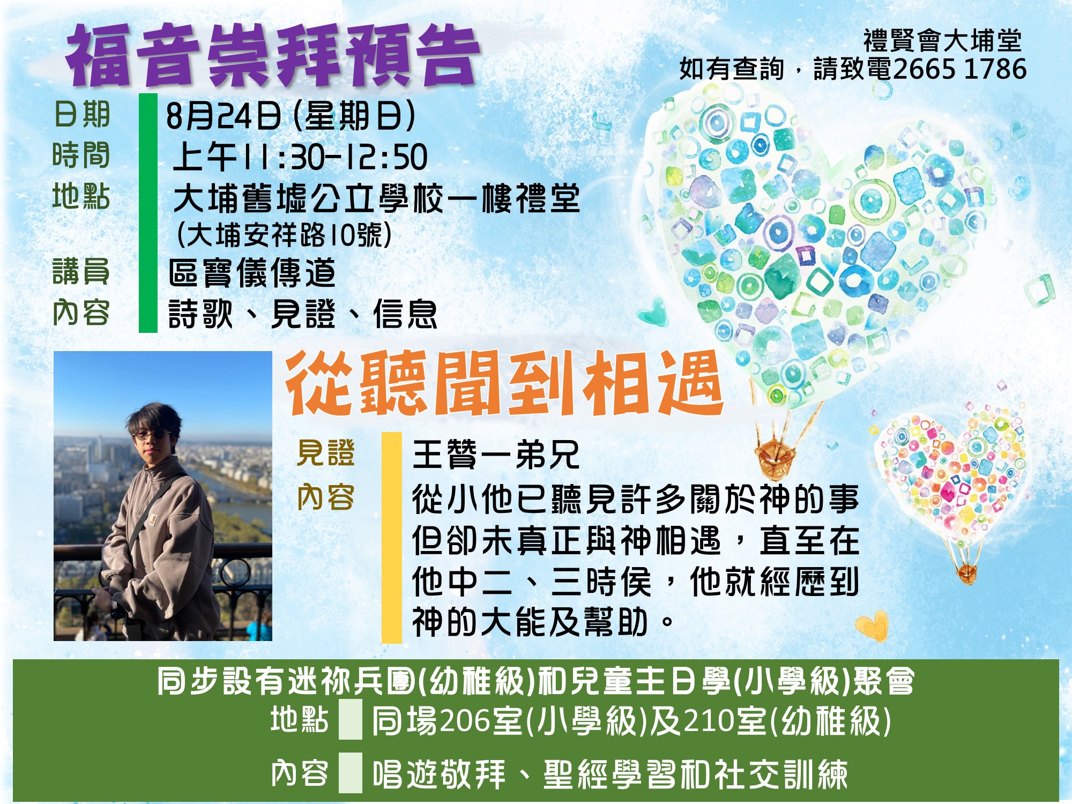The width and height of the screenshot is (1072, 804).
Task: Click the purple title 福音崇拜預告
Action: click(x=272, y=56)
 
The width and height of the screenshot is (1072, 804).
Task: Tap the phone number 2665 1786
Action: click(x=960, y=69)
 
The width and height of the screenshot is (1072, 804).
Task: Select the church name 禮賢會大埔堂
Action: click(x=942, y=40)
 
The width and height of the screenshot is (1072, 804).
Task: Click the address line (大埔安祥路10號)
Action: click(x=285, y=235)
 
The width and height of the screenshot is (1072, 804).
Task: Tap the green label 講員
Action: click(x=81, y=271)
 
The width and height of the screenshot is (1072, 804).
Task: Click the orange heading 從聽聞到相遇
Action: click(x=504, y=383)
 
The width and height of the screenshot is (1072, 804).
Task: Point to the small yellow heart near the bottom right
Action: click(x=872, y=625)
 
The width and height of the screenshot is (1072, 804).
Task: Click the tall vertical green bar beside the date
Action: click(x=148, y=213)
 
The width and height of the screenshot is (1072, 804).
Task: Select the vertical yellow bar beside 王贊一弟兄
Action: click(x=391, y=537)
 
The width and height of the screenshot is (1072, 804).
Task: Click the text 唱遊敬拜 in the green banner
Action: click(x=439, y=774)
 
